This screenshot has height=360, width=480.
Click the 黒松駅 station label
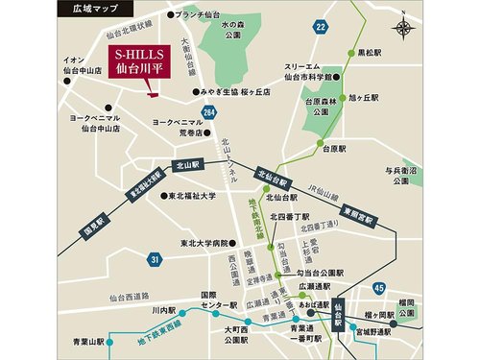pyautogui.click(x=370, y=53)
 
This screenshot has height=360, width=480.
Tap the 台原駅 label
pyautogui.click(x=333, y=149)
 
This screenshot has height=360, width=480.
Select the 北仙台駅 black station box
pyautogui.click(x=273, y=179)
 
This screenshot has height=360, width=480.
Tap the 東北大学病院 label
pyautogui.click(x=204, y=243)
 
